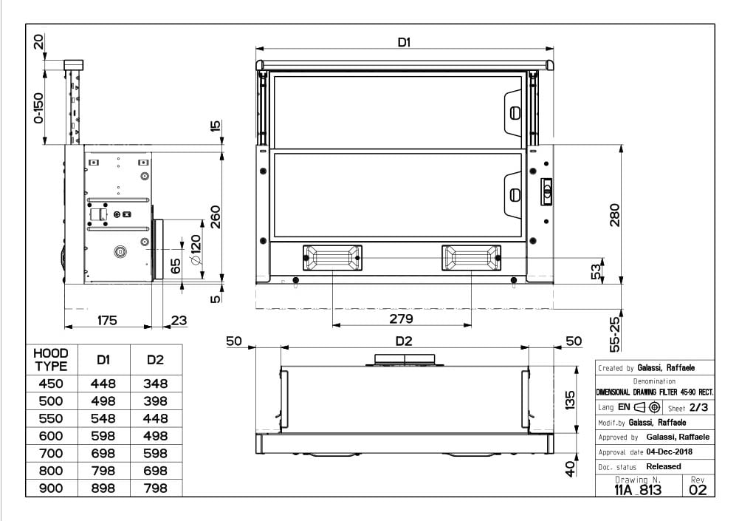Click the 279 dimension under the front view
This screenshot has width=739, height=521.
401,319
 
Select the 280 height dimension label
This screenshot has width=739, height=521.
614,215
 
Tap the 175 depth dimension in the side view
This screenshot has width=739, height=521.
107,321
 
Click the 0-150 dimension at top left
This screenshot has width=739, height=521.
38,108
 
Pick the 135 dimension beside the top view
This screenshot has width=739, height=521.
569,400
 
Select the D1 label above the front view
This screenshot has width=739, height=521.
404,42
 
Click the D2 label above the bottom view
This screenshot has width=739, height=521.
404,341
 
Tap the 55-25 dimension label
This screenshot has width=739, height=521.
614,334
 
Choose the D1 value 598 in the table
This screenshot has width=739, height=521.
103,436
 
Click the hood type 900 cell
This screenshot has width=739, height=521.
51,488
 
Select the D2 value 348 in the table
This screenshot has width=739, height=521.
155,384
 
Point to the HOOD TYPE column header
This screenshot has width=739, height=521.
51,360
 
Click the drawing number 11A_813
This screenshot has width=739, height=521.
638,490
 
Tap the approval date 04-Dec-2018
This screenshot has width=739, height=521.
670,452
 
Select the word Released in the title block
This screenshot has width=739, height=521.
664,466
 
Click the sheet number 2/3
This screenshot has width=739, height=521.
698,407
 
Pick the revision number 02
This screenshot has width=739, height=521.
698,490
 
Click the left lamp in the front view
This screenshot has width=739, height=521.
332,258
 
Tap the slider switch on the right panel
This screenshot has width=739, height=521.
546,191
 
